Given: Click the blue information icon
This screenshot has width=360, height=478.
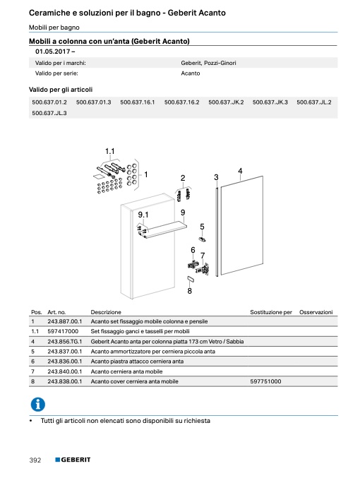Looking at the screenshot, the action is point(38,405).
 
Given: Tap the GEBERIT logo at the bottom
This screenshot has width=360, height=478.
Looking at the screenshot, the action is point(73,460).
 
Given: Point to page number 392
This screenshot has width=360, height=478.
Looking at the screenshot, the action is point(35,460).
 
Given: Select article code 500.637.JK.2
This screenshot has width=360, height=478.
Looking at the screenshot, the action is point(226,102).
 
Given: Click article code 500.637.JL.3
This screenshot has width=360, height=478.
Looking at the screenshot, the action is point(49,113).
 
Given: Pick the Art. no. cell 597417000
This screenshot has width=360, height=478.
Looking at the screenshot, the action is point(63,331).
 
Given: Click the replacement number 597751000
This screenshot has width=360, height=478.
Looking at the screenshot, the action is point(265,381).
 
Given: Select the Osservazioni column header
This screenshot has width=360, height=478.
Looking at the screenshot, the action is point(316,312).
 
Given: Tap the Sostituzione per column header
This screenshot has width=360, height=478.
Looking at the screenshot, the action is point(271,312).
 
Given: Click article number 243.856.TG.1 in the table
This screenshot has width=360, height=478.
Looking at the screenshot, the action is point(65,342).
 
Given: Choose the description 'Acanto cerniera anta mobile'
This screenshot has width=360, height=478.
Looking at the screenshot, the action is point(126,371).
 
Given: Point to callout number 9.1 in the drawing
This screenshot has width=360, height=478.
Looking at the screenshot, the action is point(143,215).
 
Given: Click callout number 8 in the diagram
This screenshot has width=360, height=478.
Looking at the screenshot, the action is point(190,291).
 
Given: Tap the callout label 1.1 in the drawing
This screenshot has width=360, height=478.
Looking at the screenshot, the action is point(109,151).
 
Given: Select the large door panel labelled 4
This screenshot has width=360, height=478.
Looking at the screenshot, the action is point(241,226).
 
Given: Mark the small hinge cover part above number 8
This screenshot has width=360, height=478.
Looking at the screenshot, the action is point(191,279).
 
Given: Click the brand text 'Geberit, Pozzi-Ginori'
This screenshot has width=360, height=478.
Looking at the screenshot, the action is point(208,63).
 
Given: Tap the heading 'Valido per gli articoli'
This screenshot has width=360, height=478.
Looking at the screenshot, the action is point(61,90).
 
